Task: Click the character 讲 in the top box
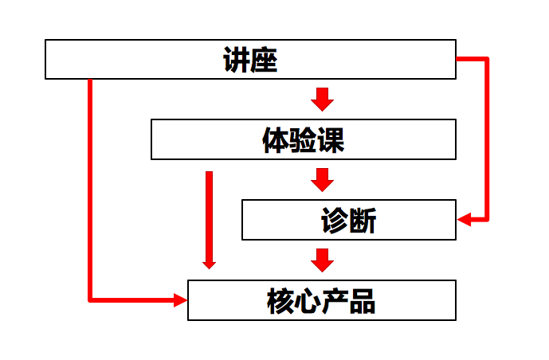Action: click(x=237, y=60)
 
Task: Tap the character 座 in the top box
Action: click(x=264, y=60)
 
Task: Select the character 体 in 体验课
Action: click(x=276, y=140)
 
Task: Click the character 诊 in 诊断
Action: click(x=335, y=221)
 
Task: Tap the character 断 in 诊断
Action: click(x=363, y=221)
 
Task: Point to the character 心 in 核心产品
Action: click(x=308, y=301)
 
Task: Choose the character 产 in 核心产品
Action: click(x=335, y=301)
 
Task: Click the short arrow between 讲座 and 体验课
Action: click(x=322, y=99)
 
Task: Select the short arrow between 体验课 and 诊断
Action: click(x=322, y=179)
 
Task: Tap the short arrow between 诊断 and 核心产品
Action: click(x=322, y=260)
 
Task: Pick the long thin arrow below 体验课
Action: click(x=210, y=219)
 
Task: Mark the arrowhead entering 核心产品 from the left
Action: click(x=180, y=300)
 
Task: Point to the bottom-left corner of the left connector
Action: click(x=90, y=300)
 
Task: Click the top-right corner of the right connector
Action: click(x=486, y=59)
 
